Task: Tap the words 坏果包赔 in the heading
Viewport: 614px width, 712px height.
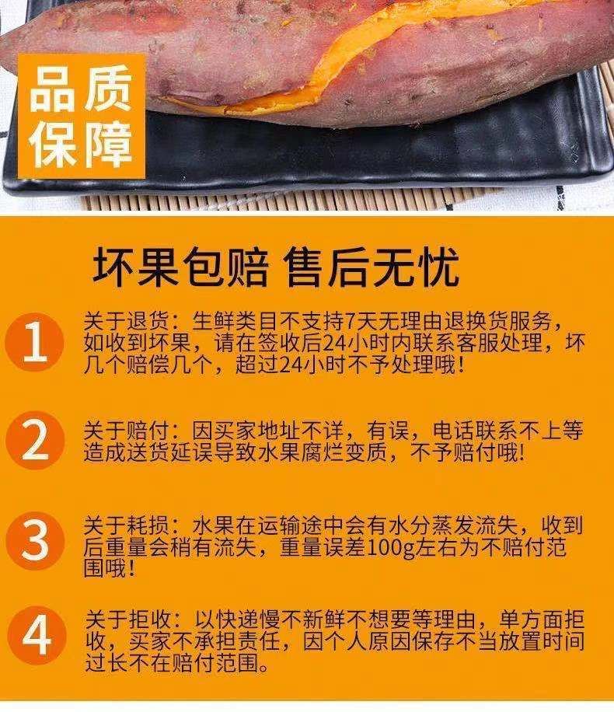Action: click(180, 267)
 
